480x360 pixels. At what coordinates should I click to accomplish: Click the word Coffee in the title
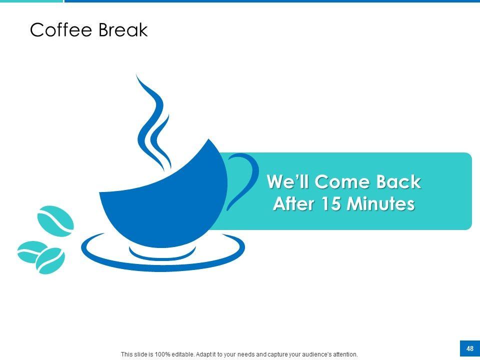click(61, 29)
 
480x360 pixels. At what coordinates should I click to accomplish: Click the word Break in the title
click(123, 29)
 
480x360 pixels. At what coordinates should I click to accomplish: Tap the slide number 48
click(470, 348)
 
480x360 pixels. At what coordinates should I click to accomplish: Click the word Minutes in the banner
click(381, 203)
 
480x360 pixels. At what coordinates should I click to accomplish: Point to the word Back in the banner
click(398, 182)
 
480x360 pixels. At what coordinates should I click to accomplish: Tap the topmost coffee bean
click(55, 221)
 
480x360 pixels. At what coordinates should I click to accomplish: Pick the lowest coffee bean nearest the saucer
click(50, 261)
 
